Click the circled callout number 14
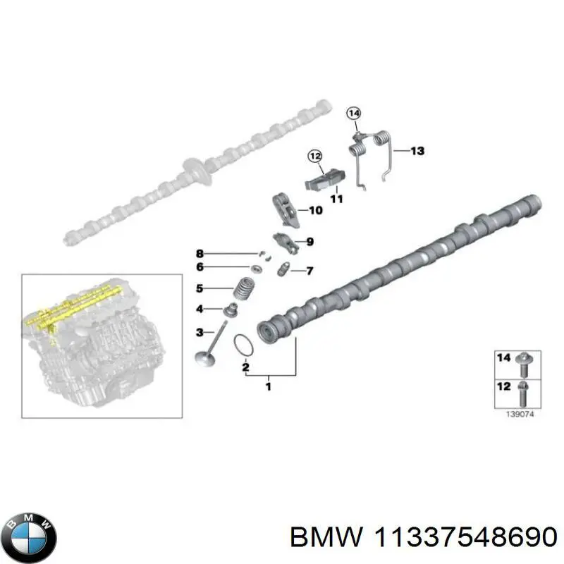(x=353, y=113)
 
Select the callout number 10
(x=315, y=210)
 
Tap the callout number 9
(x=309, y=242)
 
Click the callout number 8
(x=200, y=253)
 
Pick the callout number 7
(x=309, y=271)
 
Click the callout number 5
(x=200, y=288)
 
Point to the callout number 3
(x=200, y=331)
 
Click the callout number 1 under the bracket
(x=268, y=386)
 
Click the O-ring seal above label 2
(x=243, y=345)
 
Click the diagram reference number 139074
(x=519, y=416)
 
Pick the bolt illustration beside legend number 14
(x=525, y=362)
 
